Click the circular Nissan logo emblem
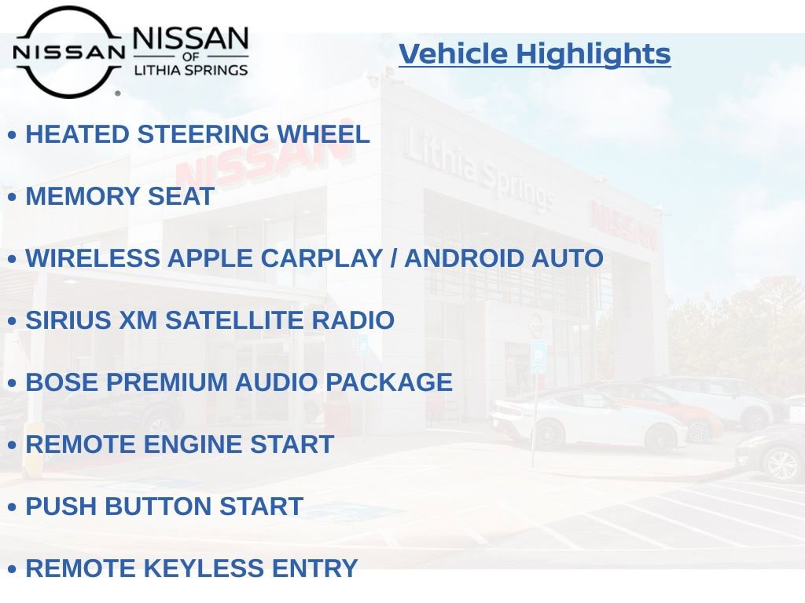pyautogui.click(x=68, y=52)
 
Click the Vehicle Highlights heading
pyautogui.click(x=535, y=54)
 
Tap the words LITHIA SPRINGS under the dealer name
pyautogui.click(x=191, y=71)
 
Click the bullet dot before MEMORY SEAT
pyautogui.click(x=12, y=198)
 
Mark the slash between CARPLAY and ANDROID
pyautogui.click(x=393, y=258)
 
